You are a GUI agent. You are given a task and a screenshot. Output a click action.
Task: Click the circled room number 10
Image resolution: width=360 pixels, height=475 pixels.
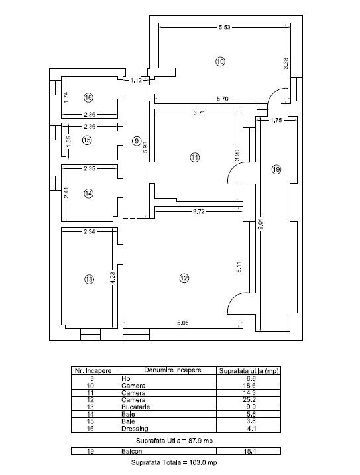[221, 62]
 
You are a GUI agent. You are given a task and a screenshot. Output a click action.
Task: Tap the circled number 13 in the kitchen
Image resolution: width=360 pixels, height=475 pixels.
[89, 279]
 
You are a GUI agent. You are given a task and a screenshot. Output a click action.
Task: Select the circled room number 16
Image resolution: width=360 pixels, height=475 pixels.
[88, 97]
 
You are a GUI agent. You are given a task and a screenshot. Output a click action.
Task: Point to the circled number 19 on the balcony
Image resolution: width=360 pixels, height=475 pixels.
[276, 170]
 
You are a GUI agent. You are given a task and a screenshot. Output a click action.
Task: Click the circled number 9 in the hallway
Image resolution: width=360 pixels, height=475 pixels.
[137, 140]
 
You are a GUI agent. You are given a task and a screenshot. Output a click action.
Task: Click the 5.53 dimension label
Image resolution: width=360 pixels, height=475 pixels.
[225, 27]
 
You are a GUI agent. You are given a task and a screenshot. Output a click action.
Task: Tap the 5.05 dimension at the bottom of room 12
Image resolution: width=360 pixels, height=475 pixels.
[182, 323]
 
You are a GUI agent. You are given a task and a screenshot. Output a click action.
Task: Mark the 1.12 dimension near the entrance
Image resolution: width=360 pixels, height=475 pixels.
[136, 80]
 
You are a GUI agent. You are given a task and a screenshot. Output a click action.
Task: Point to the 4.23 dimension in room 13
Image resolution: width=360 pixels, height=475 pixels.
[113, 278]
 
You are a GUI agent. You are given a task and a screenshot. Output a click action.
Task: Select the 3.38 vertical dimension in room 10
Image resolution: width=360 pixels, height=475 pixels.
[286, 64]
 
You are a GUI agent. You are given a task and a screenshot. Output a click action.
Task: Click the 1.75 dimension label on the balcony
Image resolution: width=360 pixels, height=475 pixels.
[276, 120]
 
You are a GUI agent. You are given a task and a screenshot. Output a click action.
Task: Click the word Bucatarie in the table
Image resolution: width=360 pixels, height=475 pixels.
[135, 407]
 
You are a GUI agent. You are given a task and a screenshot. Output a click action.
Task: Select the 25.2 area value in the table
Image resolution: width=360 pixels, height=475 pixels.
[249, 400]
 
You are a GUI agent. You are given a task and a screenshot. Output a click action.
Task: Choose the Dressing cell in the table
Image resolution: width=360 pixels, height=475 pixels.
[135, 429]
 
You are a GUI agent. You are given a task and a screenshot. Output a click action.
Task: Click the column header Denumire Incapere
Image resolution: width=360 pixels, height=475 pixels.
[172, 370]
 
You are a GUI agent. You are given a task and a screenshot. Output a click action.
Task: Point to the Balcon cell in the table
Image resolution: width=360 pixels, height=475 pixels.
[131, 451]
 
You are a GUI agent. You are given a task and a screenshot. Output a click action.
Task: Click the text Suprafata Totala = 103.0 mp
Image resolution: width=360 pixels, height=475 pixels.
[174, 462]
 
